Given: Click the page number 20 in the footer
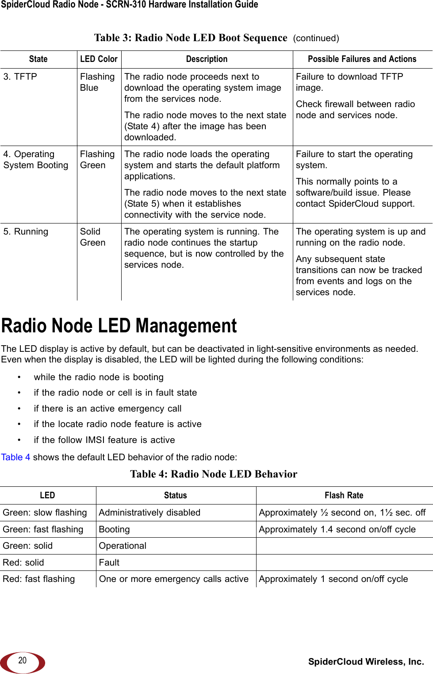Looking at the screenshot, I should pyautogui.click(x=22, y=660).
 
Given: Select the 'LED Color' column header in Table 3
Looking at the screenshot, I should pyautogui.click(x=99, y=59).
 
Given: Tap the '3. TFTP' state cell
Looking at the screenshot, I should pyautogui.click(x=20, y=77).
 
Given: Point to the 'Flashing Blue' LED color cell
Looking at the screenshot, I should pyautogui.click(x=97, y=82).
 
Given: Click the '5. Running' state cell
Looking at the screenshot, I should pyautogui.click(x=26, y=231).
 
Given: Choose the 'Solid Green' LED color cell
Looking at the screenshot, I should pyautogui.click(x=93, y=237).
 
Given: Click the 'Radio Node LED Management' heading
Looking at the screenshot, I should pyautogui.click(x=119, y=326).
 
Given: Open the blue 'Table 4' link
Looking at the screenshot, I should pyautogui.click(x=15, y=457).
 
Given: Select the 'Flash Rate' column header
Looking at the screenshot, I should pyautogui.click(x=344, y=495).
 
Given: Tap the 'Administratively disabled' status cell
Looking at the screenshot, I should pyautogui.click(x=149, y=512).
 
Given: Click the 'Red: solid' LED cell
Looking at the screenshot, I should pyautogui.click(x=23, y=562).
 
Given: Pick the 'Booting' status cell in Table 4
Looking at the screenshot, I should pyautogui.click(x=114, y=529).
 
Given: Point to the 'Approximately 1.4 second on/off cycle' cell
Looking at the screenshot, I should pyautogui.click(x=337, y=529).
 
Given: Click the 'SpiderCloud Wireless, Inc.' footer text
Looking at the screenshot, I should pyautogui.click(x=366, y=662).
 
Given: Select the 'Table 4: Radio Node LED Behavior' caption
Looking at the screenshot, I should pyautogui.click(x=214, y=474).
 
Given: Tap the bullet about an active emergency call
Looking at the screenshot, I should pyautogui.click(x=107, y=408).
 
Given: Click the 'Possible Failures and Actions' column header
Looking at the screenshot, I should pyautogui.click(x=362, y=59).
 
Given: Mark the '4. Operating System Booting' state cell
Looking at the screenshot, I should pyautogui.click(x=36, y=160).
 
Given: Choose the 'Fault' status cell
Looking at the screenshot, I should pyautogui.click(x=109, y=562).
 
